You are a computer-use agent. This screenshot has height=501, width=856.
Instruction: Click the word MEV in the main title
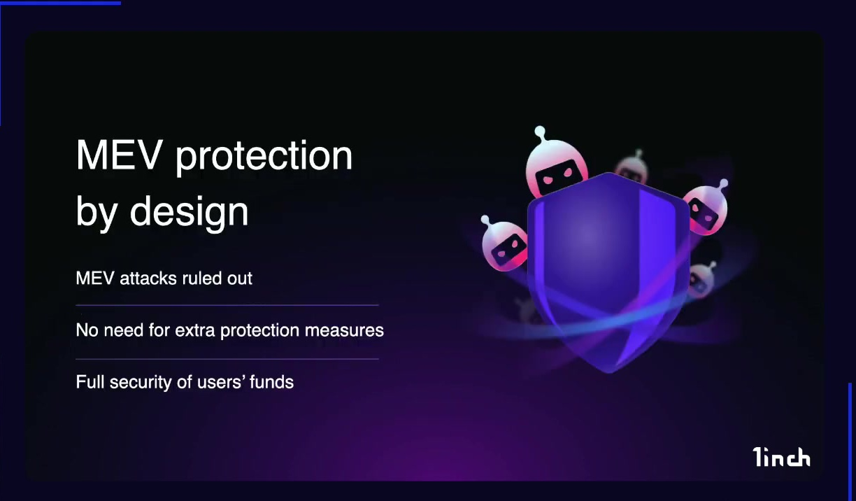tap(117, 155)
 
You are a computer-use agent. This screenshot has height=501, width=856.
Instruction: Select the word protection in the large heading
tap(264, 157)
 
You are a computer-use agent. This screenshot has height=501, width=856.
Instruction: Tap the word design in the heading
tap(189, 213)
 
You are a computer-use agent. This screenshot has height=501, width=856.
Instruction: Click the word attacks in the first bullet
tap(148, 278)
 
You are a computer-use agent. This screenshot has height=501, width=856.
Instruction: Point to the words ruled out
tap(217, 278)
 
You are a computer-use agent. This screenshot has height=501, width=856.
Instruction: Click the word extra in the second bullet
tap(195, 330)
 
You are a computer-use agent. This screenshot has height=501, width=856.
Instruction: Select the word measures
tap(344, 330)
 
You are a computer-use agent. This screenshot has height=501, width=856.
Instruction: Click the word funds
tap(272, 382)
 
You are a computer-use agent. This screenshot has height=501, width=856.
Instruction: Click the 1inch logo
tap(780, 457)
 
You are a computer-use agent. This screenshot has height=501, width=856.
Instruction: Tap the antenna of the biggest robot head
tap(540, 133)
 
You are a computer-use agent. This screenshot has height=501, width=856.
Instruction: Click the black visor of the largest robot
tap(560, 176)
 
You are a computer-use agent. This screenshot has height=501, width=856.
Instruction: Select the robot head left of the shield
tap(504, 244)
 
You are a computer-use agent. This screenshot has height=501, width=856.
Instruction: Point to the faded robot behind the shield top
tap(632, 167)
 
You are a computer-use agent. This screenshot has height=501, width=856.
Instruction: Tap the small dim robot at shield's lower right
tap(701, 280)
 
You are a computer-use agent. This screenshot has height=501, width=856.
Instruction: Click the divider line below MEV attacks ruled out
tap(227, 305)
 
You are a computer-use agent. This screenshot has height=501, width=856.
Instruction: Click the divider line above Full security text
tap(227, 359)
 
